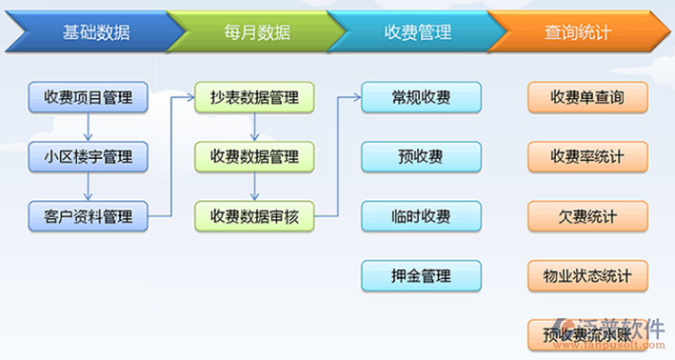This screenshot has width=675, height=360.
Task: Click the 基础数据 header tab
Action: pyautogui.click(x=86, y=32)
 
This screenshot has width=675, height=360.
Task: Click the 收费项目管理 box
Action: pyautogui.click(x=88, y=96)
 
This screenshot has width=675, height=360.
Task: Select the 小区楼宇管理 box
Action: pyautogui.click(x=88, y=155)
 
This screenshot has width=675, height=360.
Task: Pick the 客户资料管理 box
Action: pyautogui.click(x=88, y=215)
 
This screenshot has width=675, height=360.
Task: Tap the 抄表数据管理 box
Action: pyautogui.click(x=254, y=96)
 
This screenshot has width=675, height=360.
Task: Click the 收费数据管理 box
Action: pyautogui.click(x=254, y=155)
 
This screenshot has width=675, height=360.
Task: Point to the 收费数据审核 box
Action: pyautogui.click(x=254, y=215)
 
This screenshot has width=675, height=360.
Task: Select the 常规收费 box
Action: pyautogui.click(x=421, y=96)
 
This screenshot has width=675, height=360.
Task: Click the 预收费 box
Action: pyautogui.click(x=421, y=155)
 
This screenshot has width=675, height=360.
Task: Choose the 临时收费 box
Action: pyautogui.click(x=421, y=215)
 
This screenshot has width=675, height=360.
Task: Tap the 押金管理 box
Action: pyautogui.click(x=421, y=276)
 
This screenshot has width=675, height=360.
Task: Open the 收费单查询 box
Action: pyautogui.click(x=586, y=96)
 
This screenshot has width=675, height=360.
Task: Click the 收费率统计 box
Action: pyautogui.click(x=586, y=155)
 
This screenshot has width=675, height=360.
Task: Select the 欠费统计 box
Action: pyautogui.click(x=586, y=215)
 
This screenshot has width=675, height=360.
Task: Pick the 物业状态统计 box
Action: pyautogui.click(x=586, y=276)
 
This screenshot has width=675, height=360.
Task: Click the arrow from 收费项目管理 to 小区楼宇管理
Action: pyautogui.click(x=88, y=126)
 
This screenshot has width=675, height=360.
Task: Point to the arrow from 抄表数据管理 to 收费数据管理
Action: pyautogui.click(x=254, y=126)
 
